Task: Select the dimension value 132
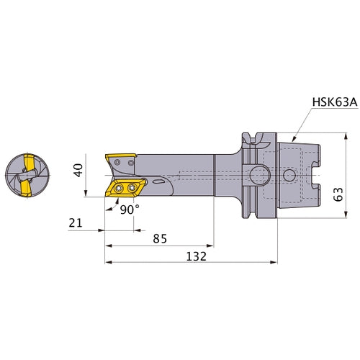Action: pyautogui.click(x=197, y=256)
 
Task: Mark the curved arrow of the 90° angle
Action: pyautogui.click(x=115, y=204)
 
